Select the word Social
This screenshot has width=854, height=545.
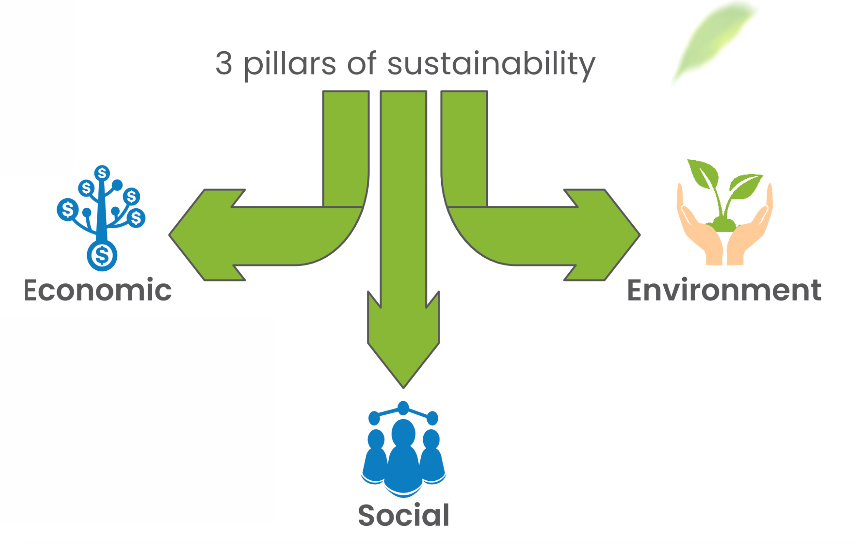tap(403, 515)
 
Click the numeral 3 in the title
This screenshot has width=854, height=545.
tap(224, 64)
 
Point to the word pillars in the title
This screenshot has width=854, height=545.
tap(289, 65)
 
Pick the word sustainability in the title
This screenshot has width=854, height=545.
tap(491, 65)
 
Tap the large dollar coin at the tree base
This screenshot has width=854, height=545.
tap(102, 255)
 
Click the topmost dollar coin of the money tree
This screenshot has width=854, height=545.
tap(102, 172)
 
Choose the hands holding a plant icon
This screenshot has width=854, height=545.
tap(724, 212)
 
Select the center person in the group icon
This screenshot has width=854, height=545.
tap(403, 458)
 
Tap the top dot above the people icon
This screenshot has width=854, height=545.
tap(403, 407)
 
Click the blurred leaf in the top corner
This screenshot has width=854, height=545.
tap(713, 40)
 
